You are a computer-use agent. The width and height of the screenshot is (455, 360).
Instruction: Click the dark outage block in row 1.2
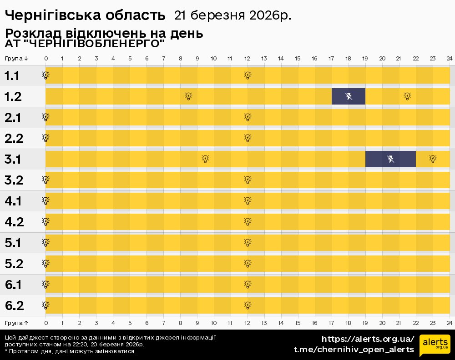348,96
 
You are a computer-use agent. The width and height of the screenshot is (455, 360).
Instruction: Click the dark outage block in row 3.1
390,159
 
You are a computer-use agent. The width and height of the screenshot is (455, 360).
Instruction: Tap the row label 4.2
14,222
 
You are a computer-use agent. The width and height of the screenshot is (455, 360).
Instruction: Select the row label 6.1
14,285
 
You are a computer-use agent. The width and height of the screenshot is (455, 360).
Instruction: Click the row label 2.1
13,118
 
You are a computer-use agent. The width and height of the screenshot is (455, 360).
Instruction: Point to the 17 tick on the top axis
331,58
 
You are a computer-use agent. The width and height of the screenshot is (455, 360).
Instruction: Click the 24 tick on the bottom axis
449,323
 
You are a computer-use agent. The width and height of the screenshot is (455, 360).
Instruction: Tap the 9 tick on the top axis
197,58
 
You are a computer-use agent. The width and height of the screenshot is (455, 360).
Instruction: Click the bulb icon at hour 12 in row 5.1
248,242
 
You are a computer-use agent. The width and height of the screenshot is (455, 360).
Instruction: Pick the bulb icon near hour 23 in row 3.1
433,159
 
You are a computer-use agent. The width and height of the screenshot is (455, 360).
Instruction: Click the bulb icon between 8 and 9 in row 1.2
188,96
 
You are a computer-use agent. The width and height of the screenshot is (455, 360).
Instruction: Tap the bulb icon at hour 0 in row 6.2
45,305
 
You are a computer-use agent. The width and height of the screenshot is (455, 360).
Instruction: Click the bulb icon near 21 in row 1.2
407,96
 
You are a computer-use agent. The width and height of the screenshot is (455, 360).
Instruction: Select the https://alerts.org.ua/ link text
368,339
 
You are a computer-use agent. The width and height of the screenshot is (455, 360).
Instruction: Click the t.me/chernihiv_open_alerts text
354,350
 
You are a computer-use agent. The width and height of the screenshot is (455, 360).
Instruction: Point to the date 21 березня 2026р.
233,15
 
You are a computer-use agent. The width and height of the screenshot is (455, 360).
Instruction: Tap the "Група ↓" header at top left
17,58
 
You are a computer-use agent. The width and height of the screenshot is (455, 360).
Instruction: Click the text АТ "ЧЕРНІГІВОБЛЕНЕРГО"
85,44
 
